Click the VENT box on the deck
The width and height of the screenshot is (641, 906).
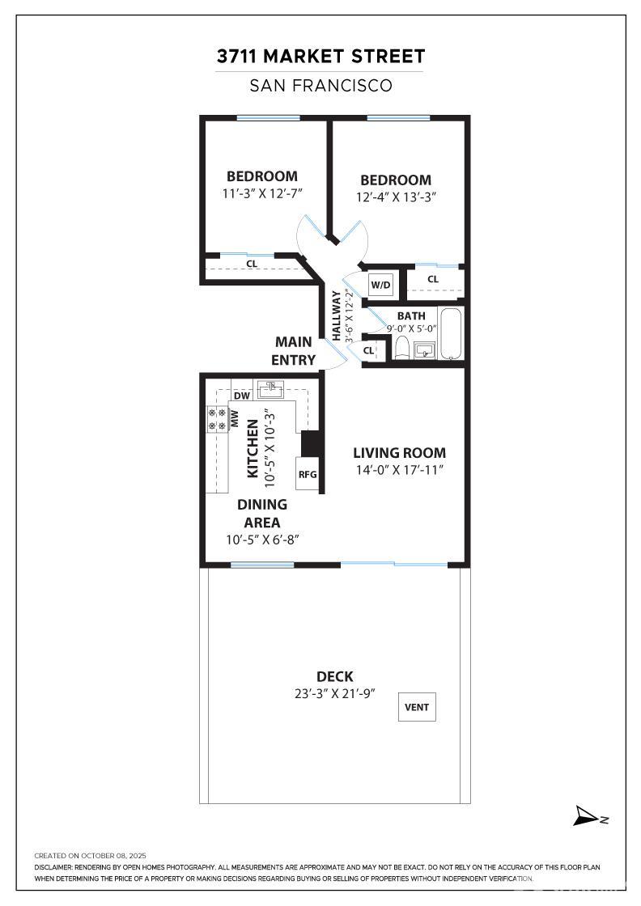[x=418, y=707]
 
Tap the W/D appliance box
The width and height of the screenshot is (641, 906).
[x=381, y=285]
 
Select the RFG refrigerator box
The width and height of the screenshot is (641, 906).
[x=308, y=474]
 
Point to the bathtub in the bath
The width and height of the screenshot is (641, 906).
[x=452, y=334]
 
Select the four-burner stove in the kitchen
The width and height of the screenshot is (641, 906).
[x=217, y=417]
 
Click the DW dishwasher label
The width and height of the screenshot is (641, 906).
[x=240, y=396]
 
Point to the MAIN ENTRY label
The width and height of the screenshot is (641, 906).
[x=294, y=351]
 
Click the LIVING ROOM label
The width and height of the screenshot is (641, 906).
[x=399, y=453]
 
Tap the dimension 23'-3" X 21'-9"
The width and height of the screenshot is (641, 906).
[x=335, y=694]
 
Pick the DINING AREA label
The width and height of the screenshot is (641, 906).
[x=262, y=513]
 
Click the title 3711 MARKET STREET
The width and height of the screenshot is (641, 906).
[x=320, y=57]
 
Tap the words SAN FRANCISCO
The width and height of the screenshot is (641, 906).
[x=320, y=85]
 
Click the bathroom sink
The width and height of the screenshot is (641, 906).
[x=424, y=349]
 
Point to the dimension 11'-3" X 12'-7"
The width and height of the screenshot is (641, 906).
[x=261, y=193]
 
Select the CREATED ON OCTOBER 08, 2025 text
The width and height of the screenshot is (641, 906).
[x=90, y=855]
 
